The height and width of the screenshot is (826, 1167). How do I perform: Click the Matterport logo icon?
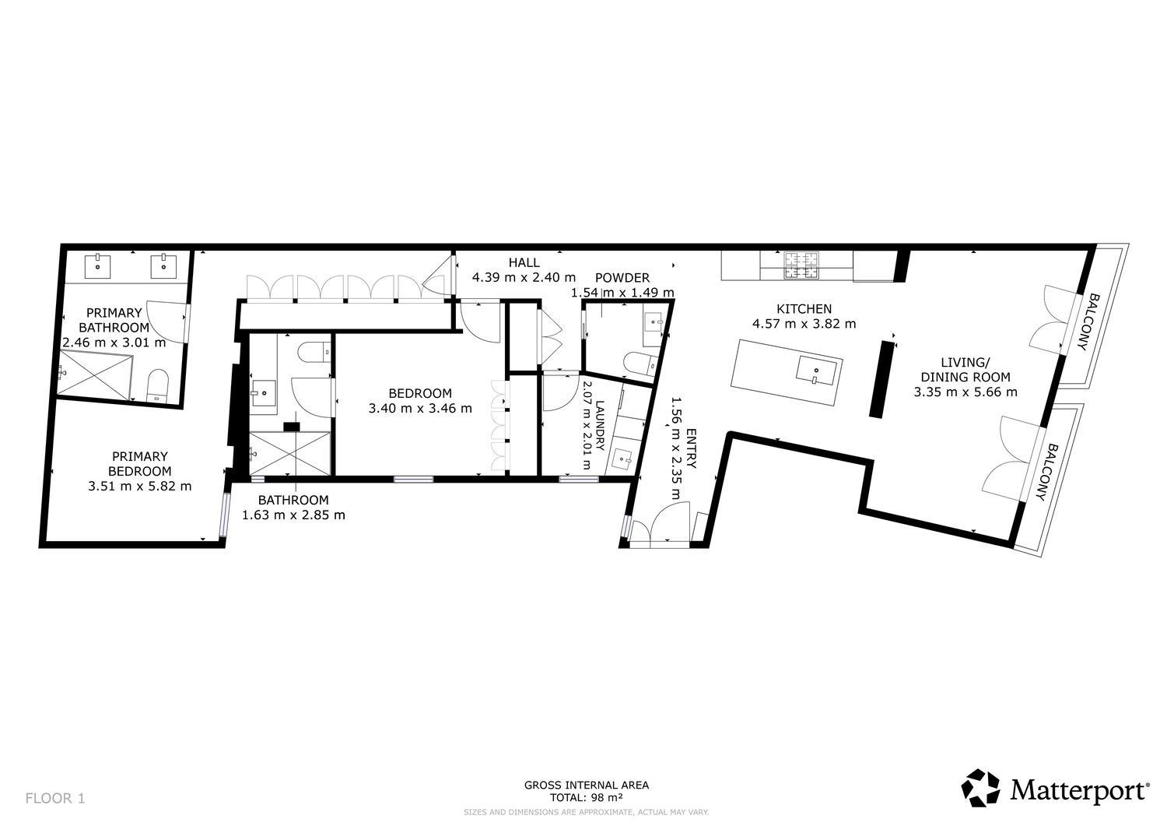coord(980,787)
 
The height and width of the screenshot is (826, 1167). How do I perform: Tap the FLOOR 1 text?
coord(54,798)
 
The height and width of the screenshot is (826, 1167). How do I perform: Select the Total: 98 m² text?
coord(586,797)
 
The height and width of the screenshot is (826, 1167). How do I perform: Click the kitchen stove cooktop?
coord(802,265)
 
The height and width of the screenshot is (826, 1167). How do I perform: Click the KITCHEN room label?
coord(804,309)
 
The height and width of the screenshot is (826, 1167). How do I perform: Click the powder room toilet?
coord(640,363)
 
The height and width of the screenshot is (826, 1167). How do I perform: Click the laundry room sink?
coord(623,459)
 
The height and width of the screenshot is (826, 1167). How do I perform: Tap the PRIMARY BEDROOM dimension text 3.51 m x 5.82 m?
coord(139,487)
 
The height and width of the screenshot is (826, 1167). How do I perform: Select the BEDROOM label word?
coord(420,393)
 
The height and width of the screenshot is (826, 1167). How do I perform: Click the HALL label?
coord(524,263)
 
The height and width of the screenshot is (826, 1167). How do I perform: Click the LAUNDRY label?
coord(599,425)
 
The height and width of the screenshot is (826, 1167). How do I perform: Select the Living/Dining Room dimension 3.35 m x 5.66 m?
coord(965,392)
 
